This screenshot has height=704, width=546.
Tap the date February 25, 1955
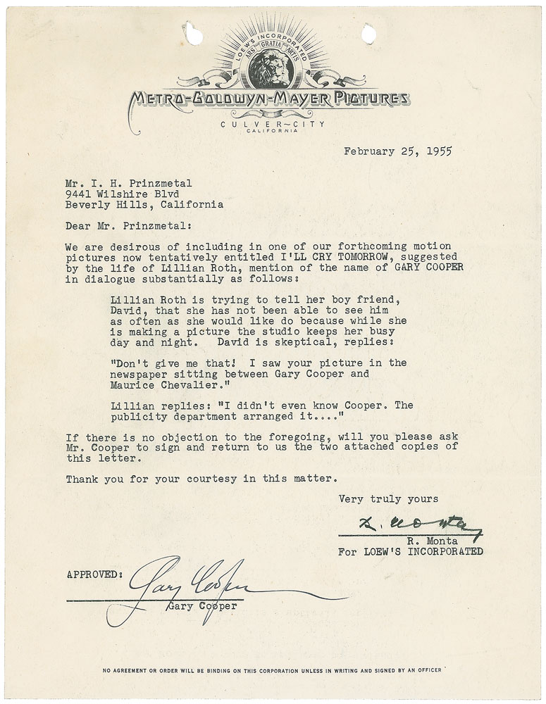pyautogui.click(x=397, y=150)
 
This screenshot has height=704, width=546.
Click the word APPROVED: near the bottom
pyautogui.click(x=95, y=574)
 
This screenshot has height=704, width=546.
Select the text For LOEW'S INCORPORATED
pyautogui.click(x=410, y=552)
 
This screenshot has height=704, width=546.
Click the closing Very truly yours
pyautogui.click(x=388, y=499)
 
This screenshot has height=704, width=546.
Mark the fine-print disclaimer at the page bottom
pyautogui.click(x=273, y=670)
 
